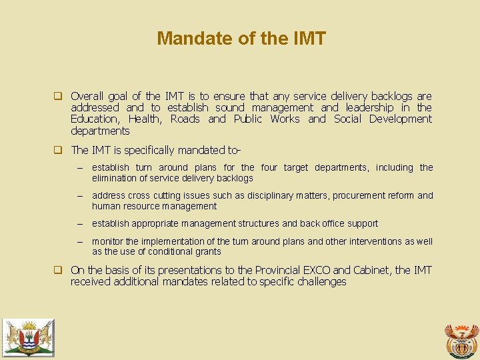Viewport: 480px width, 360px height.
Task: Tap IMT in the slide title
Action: [309, 39]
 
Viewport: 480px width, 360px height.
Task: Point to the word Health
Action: [144, 119]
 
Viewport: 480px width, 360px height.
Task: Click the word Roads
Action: [185, 119]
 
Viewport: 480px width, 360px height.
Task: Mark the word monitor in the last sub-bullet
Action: [107, 241]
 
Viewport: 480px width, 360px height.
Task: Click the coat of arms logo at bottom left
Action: [27, 337]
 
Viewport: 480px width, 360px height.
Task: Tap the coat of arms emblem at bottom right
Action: [461, 340]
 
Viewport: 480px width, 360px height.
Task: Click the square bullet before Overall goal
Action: [58, 96]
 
